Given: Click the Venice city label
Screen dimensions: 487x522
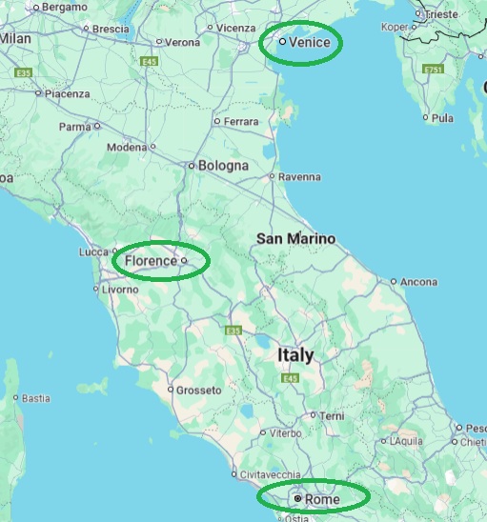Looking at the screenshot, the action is tap(309, 42).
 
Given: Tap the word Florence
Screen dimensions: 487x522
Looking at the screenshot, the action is tap(151, 260).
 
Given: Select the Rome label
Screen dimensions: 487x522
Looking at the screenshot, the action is tap(322, 499).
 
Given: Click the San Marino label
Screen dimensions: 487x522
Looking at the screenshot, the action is tap(296, 238).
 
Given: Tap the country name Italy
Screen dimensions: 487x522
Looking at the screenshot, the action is tap(294, 355).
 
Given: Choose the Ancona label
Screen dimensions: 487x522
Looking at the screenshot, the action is tap(419, 282).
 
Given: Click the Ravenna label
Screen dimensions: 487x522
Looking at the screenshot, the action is tap(299, 177).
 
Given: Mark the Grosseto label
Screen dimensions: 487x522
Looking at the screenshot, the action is tap(199, 391).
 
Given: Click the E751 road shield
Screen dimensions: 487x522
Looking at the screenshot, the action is tap(434, 70).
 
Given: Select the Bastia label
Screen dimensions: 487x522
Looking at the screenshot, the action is tap(36, 398).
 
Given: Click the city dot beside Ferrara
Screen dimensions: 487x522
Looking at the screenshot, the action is tap(217, 122).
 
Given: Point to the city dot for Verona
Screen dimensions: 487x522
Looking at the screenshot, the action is tap(159, 43).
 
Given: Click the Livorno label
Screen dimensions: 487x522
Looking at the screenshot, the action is tap(120, 289).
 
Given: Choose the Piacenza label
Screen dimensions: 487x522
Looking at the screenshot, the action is tap(67, 93).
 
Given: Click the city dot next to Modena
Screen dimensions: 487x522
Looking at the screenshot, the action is tap(153, 148).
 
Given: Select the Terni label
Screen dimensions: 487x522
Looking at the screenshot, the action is tap(332, 416).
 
